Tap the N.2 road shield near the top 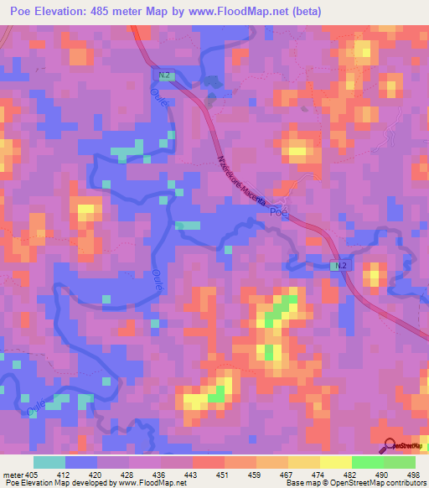[164, 75]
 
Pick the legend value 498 [412, 474]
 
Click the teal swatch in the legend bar [49, 462]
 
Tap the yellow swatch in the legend [335, 462]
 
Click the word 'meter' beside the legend [12, 474]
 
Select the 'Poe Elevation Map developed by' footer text [59, 483]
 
